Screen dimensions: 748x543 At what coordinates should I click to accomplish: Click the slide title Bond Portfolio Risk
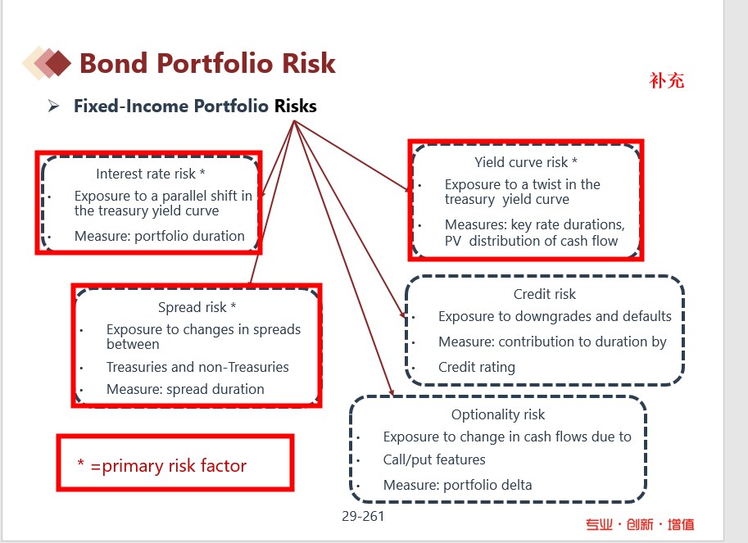click(207, 63)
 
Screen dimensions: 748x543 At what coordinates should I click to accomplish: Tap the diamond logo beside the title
click(47, 63)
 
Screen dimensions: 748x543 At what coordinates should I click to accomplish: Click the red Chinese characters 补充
click(666, 80)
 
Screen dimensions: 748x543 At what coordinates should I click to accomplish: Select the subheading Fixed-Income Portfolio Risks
click(195, 106)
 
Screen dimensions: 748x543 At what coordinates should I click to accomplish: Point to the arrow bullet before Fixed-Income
click(53, 106)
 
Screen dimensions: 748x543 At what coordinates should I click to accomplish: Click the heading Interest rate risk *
click(150, 174)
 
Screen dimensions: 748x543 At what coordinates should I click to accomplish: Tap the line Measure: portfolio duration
click(159, 236)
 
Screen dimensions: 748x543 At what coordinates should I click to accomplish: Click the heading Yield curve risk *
click(526, 162)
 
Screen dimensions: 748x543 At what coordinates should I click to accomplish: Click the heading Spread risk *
click(197, 307)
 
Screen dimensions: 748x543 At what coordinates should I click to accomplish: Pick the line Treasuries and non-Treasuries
click(197, 367)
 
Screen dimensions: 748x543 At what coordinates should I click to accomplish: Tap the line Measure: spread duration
click(185, 390)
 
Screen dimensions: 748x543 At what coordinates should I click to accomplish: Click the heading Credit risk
click(544, 294)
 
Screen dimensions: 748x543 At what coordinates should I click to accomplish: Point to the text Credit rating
click(477, 367)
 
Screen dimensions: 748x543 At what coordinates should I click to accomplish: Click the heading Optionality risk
click(498, 414)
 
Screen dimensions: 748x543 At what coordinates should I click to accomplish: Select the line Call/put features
click(434, 459)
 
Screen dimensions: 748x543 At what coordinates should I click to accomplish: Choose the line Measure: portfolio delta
click(457, 485)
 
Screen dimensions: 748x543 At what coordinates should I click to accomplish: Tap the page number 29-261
click(363, 516)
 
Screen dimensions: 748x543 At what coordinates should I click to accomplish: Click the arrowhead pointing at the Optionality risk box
click(391, 391)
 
